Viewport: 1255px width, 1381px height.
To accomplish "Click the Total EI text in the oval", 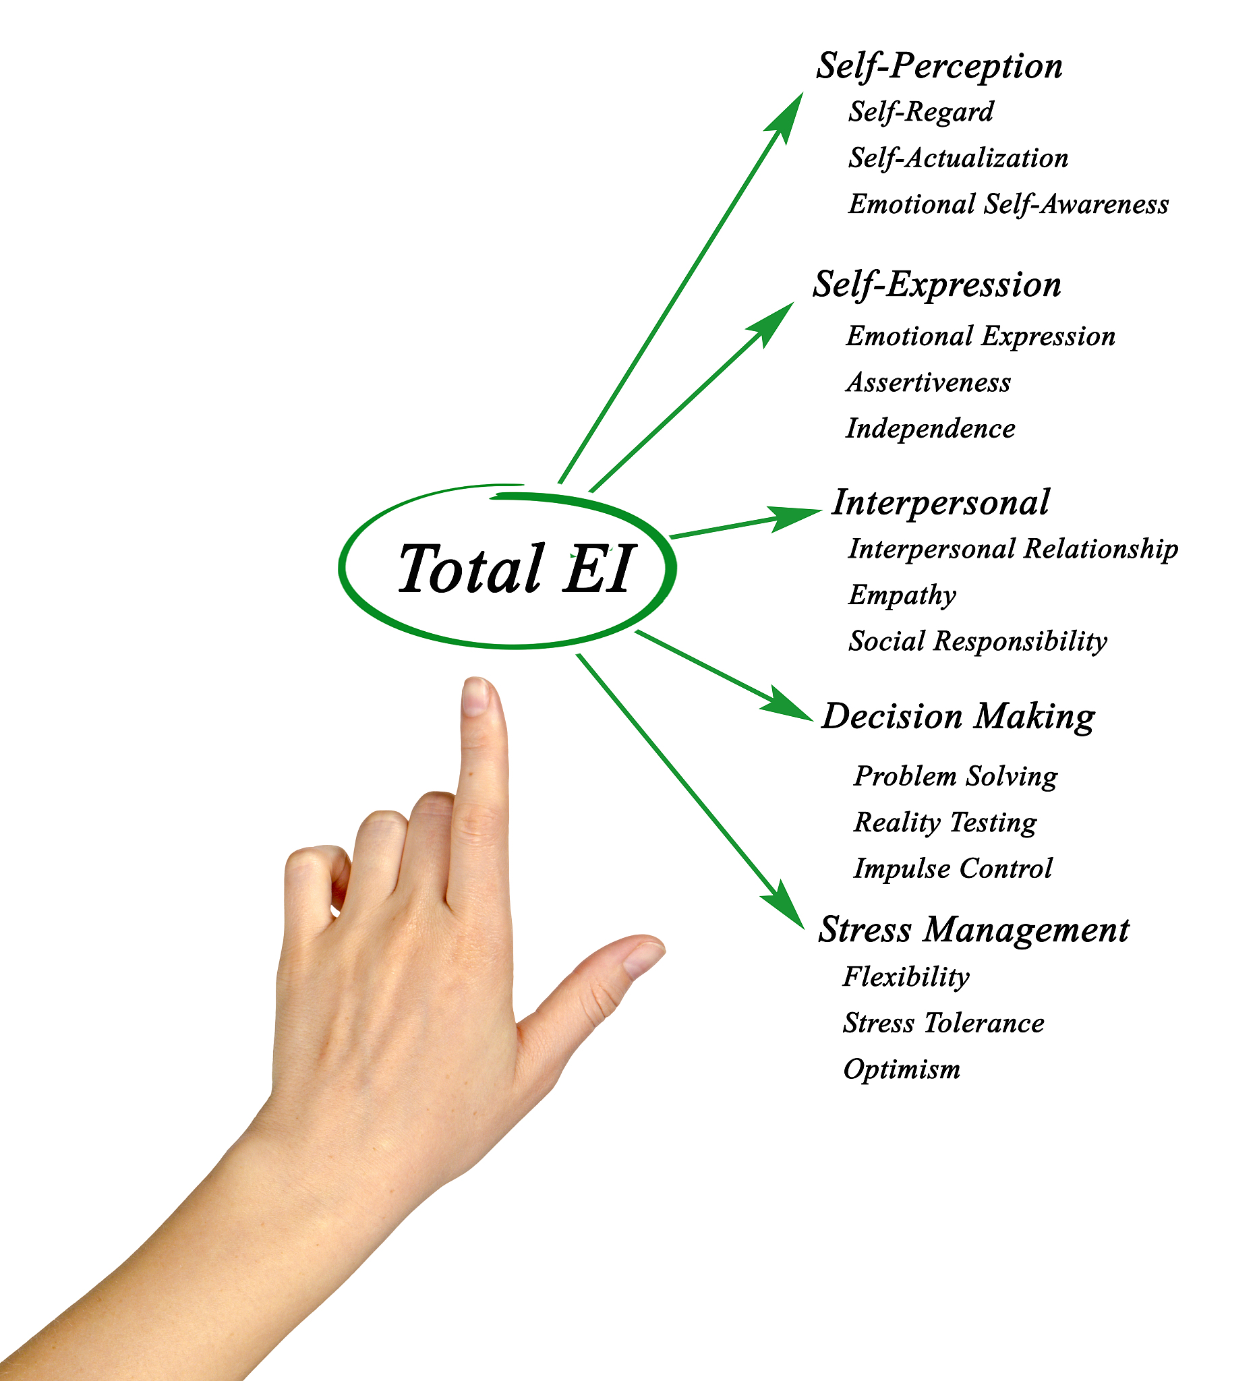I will pyautogui.click(x=515, y=568).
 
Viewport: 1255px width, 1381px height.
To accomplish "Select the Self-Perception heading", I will pyautogui.click(x=939, y=67).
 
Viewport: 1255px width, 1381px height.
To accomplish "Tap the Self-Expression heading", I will pyautogui.click(x=937, y=285).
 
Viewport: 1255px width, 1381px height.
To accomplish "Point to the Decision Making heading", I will pyautogui.click(x=958, y=718).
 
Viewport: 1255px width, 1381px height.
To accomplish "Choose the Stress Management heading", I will pyautogui.click(x=973, y=931).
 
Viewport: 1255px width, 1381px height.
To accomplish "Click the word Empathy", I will pyautogui.click(x=902, y=596).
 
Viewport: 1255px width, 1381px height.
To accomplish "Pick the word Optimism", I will pyautogui.click(x=902, y=1070).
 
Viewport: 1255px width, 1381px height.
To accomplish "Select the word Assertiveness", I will pyautogui.click(x=928, y=383).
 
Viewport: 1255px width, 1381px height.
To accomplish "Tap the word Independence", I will pyautogui.click(x=930, y=430).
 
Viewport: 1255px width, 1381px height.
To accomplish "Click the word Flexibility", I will pyautogui.click(x=906, y=978).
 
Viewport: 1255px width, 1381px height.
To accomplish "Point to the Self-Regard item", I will pyautogui.click(x=921, y=113).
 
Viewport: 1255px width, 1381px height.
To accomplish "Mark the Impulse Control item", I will pyautogui.click(x=953, y=869).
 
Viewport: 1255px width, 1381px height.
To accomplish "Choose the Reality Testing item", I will pyautogui.click(x=945, y=823).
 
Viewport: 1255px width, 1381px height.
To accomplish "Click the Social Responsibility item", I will pyautogui.click(x=978, y=642).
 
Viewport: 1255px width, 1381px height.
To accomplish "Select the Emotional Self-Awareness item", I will pyautogui.click(x=1008, y=205).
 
